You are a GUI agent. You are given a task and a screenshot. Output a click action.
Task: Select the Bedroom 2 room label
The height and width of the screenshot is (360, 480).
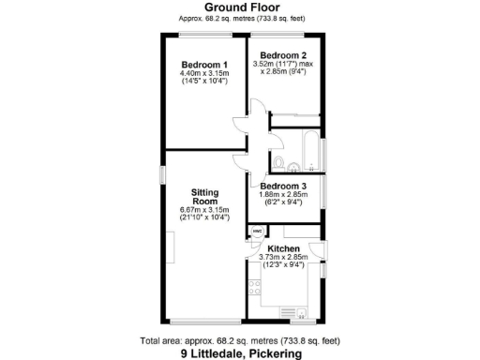pos(285,55)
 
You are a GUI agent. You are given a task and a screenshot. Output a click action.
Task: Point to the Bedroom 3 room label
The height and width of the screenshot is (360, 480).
pos(284,186)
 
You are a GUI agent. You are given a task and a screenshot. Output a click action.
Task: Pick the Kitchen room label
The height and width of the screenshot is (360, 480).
pos(283,248)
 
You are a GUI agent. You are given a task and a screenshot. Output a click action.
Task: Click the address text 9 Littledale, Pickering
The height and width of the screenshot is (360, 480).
pos(240,353)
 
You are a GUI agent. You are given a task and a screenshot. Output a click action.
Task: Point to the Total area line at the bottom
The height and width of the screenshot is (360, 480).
pos(239,340)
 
